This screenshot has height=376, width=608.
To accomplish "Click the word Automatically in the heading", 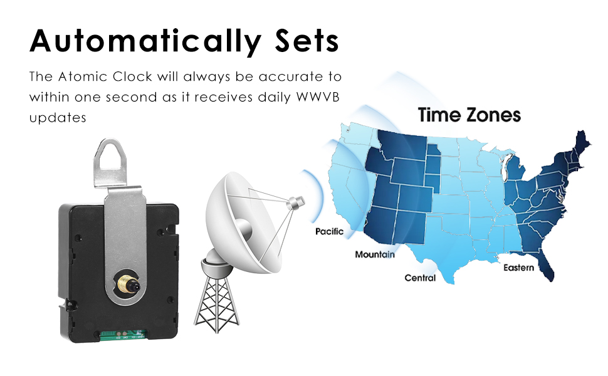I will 144,41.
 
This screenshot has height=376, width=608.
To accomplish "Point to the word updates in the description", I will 57,117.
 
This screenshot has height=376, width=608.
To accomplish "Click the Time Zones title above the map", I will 469,115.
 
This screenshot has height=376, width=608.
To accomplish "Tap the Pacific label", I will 329,232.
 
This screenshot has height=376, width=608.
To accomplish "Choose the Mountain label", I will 375,254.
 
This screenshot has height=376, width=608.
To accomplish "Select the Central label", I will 419,278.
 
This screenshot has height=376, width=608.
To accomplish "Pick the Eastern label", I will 519,268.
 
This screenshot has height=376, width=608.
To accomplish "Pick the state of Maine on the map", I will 580,142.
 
